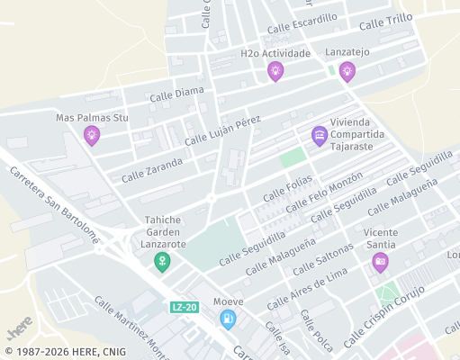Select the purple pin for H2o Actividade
pyautogui.click(x=275, y=72)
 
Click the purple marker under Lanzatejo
pyautogui.click(x=347, y=71)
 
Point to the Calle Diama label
pyautogui.click(x=176, y=93)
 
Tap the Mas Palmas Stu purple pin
pyautogui.click(x=92, y=136)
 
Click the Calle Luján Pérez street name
pyautogui.click(x=222, y=131)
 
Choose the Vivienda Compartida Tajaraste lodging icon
pyautogui.click(x=319, y=135)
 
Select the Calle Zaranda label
pyautogui.click(x=152, y=168)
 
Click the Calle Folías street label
pyautogui.click(x=286, y=189)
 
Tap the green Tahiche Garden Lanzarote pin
pyautogui.click(x=163, y=261)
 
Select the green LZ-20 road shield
pyautogui.click(x=184, y=308)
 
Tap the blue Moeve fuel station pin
pyautogui.click(x=229, y=318)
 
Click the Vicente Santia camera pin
pyautogui.click(x=380, y=262)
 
